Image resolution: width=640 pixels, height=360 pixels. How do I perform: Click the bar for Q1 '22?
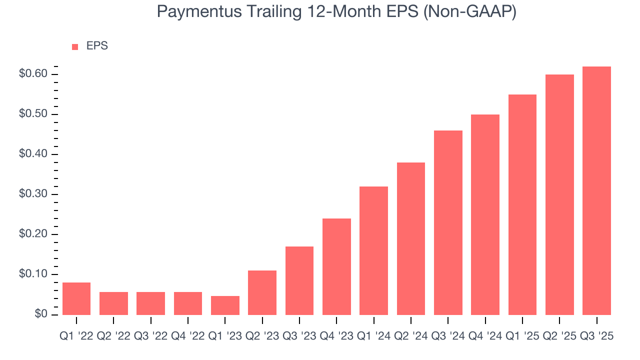click(x=76, y=298)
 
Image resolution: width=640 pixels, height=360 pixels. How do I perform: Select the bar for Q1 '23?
click(x=225, y=305)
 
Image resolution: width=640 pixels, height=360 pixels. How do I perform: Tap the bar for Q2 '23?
click(x=262, y=292)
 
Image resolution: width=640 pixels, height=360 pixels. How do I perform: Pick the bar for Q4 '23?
click(x=336, y=266)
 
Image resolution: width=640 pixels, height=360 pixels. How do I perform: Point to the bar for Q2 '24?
click(x=411, y=238)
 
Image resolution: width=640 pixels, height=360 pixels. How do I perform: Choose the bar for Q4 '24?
click(x=485, y=214)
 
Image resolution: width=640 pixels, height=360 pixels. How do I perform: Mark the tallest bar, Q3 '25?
click(x=596, y=190)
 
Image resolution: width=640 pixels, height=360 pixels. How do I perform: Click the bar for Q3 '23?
click(x=299, y=280)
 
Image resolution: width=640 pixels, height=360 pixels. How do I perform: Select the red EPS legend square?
click(x=75, y=46)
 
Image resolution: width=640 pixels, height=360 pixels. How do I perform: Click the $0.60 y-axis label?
click(x=33, y=74)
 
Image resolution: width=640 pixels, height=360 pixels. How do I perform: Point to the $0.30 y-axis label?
click(x=33, y=194)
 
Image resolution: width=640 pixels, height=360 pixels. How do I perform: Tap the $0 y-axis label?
click(x=41, y=314)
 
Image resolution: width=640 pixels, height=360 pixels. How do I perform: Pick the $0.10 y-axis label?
click(x=33, y=274)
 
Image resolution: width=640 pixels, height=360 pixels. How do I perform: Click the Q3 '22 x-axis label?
click(x=150, y=336)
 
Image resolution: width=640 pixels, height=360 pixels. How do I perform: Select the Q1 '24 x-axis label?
click(x=373, y=336)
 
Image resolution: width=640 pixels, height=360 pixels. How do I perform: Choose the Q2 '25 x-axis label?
click(x=559, y=336)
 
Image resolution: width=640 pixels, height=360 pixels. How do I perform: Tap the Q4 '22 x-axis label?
click(x=188, y=336)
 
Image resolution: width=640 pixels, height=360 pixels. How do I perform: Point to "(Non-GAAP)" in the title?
click(x=469, y=12)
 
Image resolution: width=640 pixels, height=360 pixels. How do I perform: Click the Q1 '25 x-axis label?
click(x=522, y=336)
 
